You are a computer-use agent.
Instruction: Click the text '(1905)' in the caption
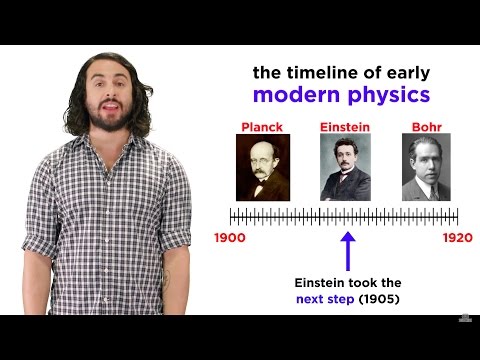tap(385, 299)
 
